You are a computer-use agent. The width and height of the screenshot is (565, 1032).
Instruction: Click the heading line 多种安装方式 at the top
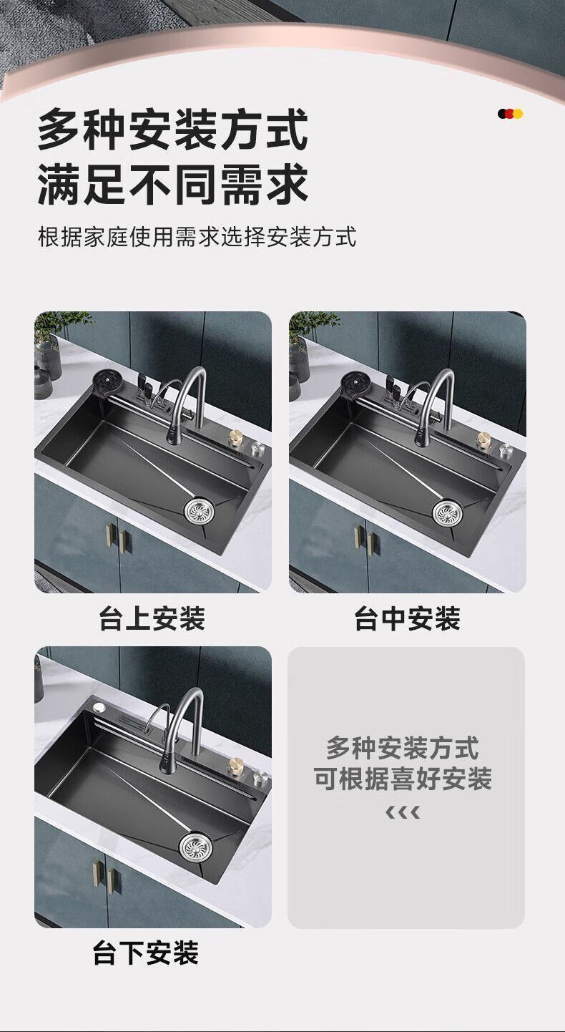coord(172,129)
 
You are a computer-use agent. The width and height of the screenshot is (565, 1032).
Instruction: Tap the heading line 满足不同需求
coord(172,185)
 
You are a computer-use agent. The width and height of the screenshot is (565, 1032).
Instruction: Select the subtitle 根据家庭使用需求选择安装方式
coord(197,236)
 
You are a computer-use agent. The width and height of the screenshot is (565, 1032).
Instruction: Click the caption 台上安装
coord(152,618)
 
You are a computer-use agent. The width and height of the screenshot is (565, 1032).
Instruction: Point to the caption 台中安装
coord(407,618)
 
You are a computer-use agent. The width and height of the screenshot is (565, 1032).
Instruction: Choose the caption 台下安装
coord(145,953)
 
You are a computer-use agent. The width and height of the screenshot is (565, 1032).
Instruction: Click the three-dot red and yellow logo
coord(511,114)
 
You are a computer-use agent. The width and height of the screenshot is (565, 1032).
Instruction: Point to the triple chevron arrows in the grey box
coord(403,812)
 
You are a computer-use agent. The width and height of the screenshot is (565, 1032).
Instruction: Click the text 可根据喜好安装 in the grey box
coord(403,779)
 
